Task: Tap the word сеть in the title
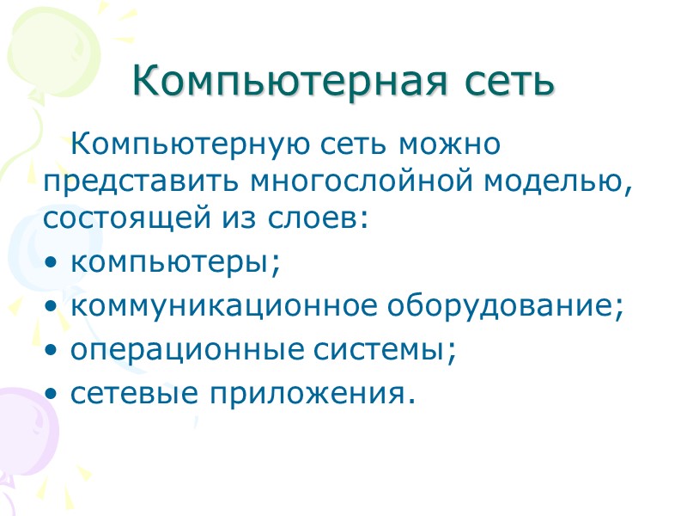tap(508, 82)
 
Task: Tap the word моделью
tap(553, 181)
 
